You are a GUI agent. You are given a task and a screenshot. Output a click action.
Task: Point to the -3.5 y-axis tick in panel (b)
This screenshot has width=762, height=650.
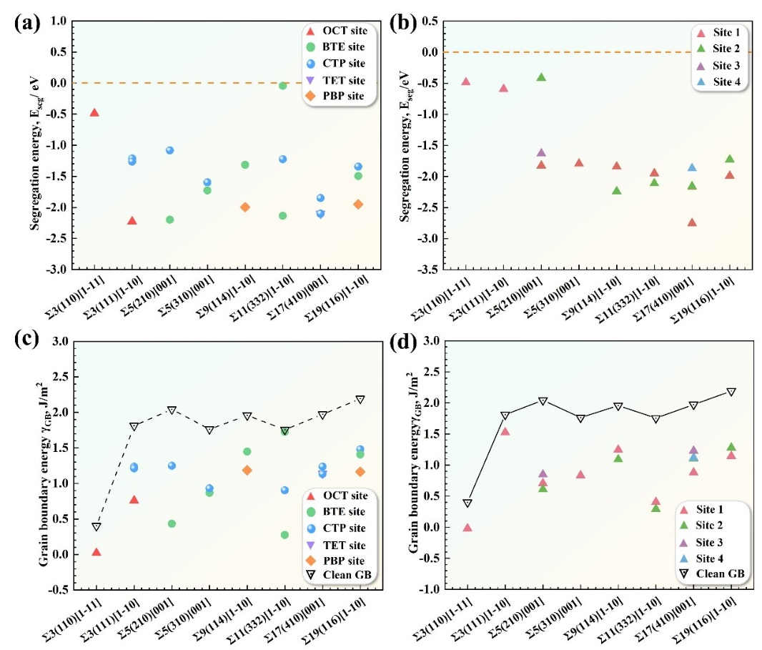coord(441,270)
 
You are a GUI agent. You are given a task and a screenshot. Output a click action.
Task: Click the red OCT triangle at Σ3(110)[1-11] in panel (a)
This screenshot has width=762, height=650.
coord(94,112)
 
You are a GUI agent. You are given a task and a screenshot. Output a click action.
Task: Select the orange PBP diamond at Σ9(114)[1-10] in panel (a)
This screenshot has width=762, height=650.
coord(245,207)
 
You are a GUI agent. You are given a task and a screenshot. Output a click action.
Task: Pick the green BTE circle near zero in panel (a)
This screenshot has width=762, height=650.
coord(283,86)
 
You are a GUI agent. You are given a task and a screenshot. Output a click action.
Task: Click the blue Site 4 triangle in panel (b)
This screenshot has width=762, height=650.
coord(691,167)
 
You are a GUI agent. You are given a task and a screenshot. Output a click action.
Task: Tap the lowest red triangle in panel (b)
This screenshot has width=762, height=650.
coord(691,222)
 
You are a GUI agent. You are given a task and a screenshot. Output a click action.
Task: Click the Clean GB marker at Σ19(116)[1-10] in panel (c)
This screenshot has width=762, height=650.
coord(360,400)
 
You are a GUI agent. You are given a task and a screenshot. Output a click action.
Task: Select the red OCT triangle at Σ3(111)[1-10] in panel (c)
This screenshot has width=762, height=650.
coord(134,499)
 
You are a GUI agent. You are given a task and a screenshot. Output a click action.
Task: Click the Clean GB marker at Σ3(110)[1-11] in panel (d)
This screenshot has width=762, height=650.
coord(467,503)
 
